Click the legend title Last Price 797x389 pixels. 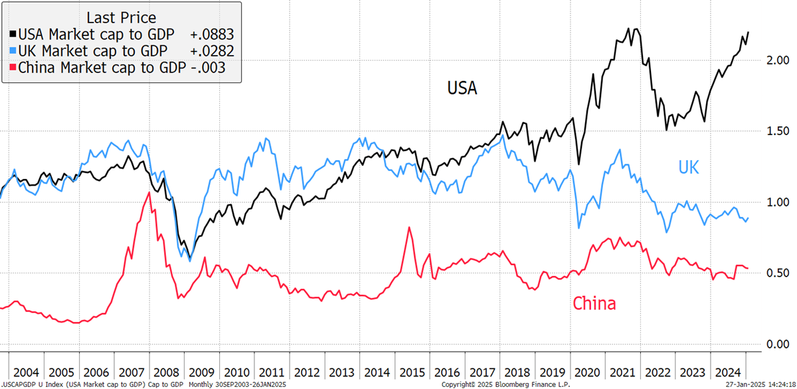(x=122, y=17)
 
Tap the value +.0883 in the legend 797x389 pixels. (x=212, y=35)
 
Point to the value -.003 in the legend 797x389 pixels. (x=208, y=68)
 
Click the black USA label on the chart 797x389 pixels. (x=462, y=88)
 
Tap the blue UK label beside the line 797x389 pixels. (x=689, y=167)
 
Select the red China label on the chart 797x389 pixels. (x=594, y=303)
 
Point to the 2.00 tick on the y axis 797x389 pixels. (x=778, y=61)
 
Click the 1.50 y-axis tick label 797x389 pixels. (x=778, y=131)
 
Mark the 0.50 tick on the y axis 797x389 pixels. (x=778, y=273)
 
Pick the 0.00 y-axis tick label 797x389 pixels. (x=778, y=344)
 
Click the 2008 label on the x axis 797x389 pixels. (x=166, y=372)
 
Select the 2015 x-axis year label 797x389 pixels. (x=412, y=372)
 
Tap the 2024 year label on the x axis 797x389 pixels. (x=728, y=372)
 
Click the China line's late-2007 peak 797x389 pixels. (x=149, y=192)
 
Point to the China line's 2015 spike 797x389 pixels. (x=410, y=227)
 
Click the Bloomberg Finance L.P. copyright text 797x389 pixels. (x=505, y=385)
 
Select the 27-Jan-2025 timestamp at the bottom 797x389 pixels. (x=760, y=385)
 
